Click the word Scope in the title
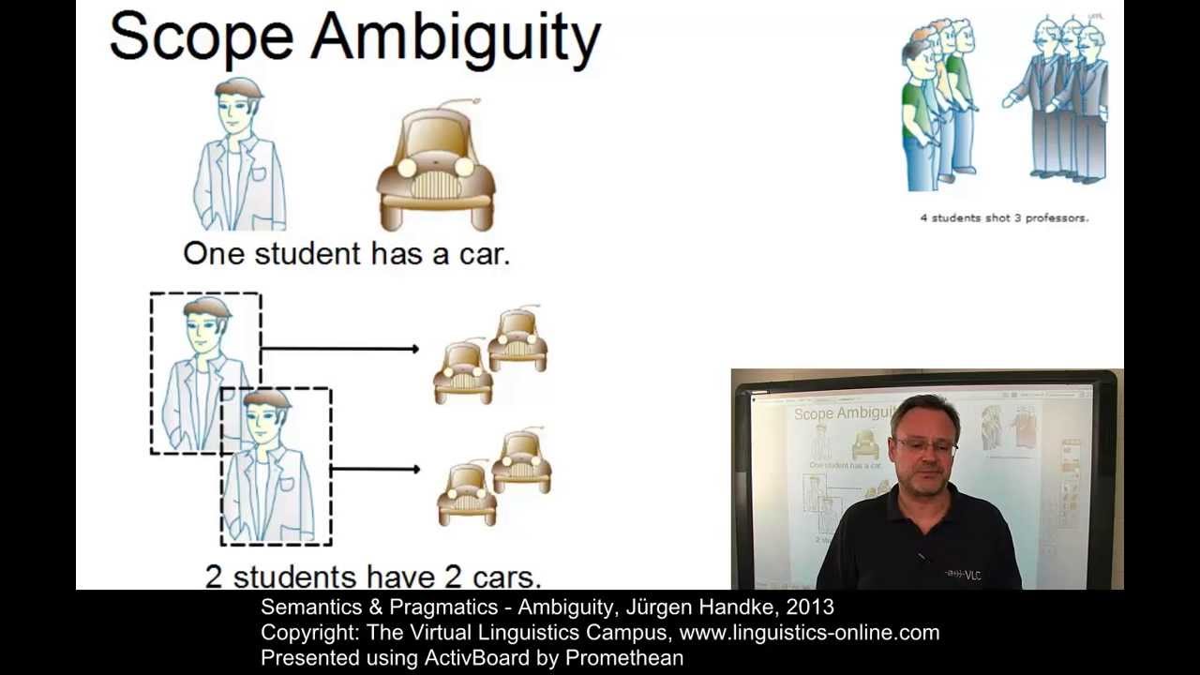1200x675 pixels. (201, 37)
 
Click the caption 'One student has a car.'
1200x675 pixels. (346, 254)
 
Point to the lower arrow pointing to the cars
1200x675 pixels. (375, 469)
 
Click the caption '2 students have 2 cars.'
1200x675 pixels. (372, 576)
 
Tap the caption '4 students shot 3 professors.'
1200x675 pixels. (1004, 217)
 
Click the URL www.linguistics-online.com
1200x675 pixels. (809, 633)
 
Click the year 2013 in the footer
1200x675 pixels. (810, 607)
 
